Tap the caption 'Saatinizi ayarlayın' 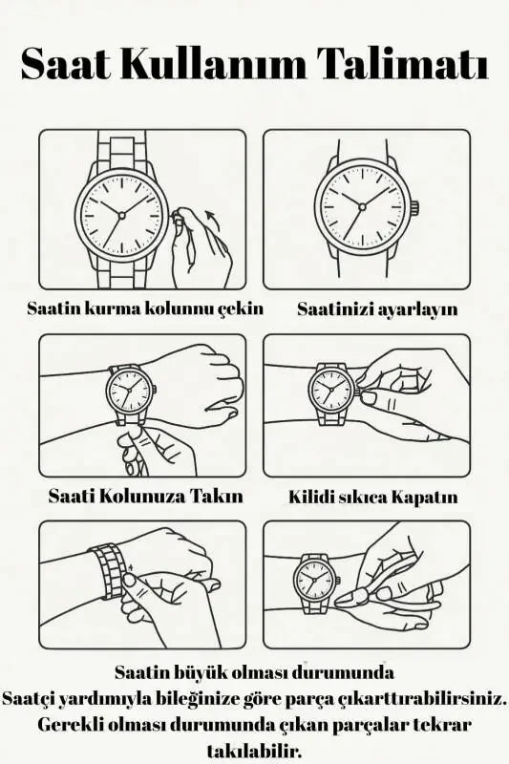click(x=377, y=309)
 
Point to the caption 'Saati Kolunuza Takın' click(x=145, y=497)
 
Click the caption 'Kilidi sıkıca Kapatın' click(x=373, y=498)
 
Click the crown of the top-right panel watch click(x=414, y=207)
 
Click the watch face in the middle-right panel click(x=329, y=389)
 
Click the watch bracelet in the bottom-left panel click(x=106, y=570)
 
